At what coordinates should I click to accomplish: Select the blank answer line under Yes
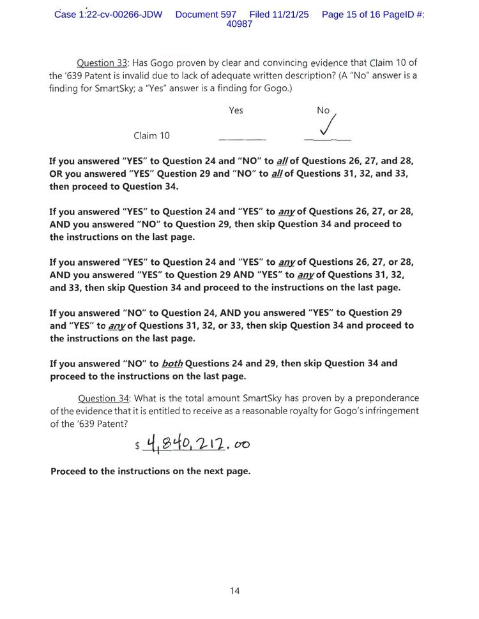pos(242,138)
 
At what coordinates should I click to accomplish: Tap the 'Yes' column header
pos(236,110)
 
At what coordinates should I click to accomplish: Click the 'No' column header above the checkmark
pos(323,110)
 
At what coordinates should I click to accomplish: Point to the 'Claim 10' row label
pos(151,135)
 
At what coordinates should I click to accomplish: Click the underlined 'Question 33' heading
pos(102,63)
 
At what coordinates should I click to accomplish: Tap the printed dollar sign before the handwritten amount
pos(137,446)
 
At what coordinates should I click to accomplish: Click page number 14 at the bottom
pos(234,590)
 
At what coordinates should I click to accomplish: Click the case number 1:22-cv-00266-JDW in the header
pos(109,14)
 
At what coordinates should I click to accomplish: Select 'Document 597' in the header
pos(205,14)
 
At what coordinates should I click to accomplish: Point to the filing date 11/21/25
pos(291,14)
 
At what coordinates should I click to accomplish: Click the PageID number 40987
pos(240,24)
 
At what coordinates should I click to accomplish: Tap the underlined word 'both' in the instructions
pos(172,363)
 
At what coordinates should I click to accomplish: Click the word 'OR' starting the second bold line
pos(56,174)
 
